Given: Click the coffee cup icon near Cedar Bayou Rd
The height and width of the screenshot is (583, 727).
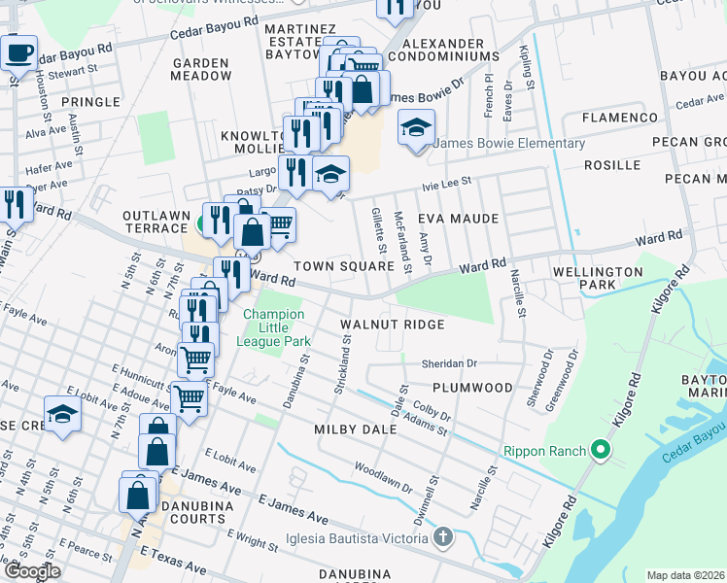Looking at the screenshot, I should point(17,53).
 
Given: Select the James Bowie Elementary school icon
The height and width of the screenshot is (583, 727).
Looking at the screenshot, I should point(416,127).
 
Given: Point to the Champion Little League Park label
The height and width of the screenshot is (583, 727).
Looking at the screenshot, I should point(275,327).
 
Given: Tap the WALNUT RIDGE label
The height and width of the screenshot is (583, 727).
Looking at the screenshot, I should point(392,324).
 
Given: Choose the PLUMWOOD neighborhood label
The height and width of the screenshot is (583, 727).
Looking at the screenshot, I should point(472,388).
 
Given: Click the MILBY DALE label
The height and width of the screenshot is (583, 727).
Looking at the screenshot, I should point(355,429).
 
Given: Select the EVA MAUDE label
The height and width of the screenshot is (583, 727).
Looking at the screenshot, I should point(458,219).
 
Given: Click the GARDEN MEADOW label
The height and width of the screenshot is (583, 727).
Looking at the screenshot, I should point(201,68).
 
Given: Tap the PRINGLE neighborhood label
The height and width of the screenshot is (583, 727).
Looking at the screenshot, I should point(89,101).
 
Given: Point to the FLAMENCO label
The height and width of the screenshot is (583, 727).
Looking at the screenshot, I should point(620,118).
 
